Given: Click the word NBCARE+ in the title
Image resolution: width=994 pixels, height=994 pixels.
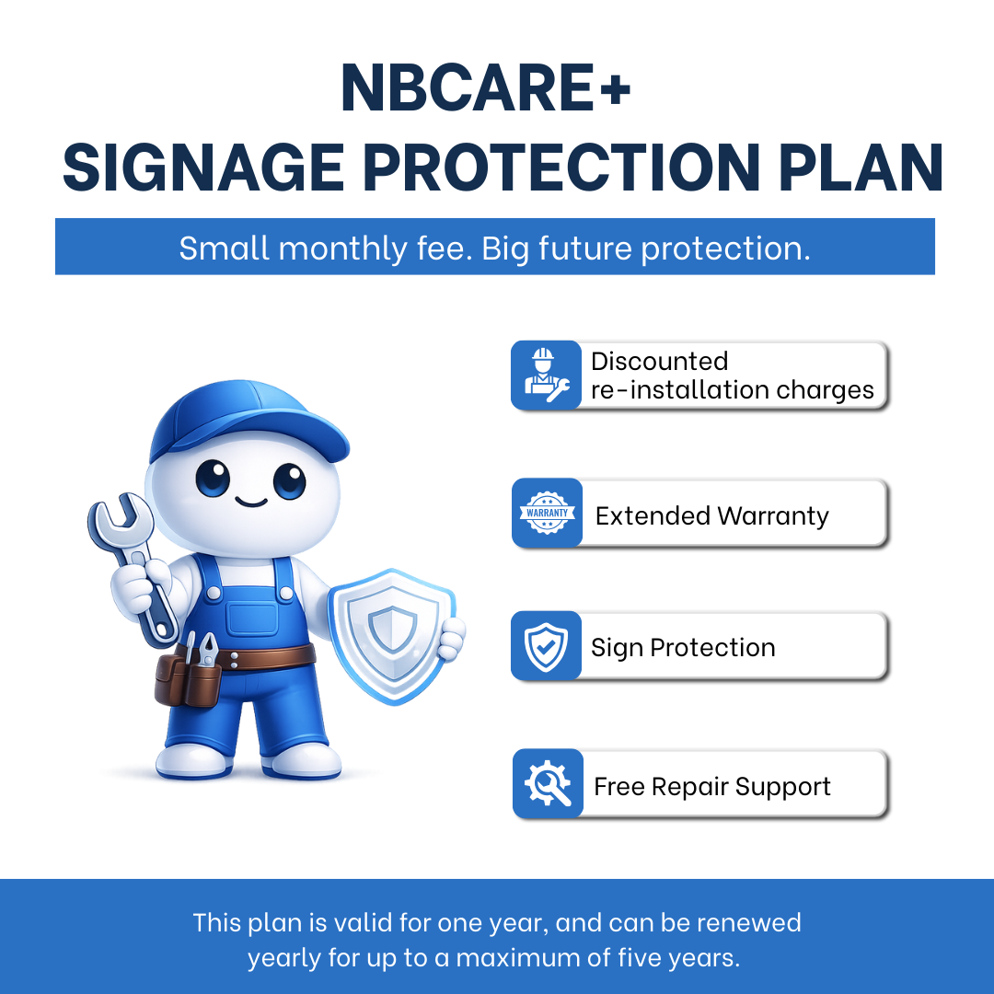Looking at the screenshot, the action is (x=486, y=87).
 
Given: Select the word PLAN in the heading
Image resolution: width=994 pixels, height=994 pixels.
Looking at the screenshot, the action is (x=861, y=168).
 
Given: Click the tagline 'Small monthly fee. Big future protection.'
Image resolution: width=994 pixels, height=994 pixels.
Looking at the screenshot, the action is (x=494, y=248).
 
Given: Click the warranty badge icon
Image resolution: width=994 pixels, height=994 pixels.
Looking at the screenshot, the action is (x=547, y=513).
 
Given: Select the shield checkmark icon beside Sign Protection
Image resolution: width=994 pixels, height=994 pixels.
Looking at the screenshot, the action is (x=546, y=646).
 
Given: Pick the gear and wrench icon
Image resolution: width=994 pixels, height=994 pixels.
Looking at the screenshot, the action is (x=547, y=783).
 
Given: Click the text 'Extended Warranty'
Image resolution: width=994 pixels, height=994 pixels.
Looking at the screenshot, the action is (x=711, y=516).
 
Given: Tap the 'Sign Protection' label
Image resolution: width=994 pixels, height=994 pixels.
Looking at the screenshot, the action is (x=683, y=648).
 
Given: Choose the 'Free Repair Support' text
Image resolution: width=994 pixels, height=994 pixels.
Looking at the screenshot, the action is (x=711, y=787).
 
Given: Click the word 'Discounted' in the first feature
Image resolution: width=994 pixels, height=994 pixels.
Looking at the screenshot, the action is (x=659, y=362).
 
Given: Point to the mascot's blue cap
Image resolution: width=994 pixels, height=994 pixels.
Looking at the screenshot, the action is (x=248, y=419).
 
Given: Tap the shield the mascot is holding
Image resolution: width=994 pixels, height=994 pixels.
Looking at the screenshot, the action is (x=392, y=635).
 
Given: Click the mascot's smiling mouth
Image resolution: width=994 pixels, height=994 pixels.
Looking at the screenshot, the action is (x=251, y=503).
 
